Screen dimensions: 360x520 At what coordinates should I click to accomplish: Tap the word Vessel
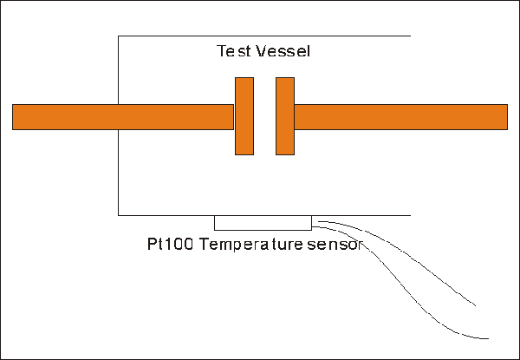tap(284, 51)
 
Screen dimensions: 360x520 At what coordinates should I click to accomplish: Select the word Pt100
tap(171, 245)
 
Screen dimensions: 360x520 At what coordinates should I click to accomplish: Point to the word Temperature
tap(250, 245)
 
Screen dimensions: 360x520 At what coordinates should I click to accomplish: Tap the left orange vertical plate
tap(244, 116)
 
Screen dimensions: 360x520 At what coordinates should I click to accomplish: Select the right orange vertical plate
tap(285, 116)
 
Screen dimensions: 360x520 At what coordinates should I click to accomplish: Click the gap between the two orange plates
tap(264, 116)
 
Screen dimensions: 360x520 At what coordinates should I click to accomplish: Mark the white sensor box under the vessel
tap(263, 223)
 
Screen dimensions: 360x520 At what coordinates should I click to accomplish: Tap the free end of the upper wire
tap(476, 305)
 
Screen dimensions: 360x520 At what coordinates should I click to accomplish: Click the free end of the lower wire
tap(489, 337)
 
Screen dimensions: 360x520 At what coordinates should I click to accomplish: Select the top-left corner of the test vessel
tap(119, 36)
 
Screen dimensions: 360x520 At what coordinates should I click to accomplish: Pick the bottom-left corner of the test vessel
tap(119, 214)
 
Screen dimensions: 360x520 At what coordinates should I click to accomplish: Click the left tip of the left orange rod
tap(14, 117)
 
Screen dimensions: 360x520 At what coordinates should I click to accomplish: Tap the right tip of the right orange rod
tap(506, 117)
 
